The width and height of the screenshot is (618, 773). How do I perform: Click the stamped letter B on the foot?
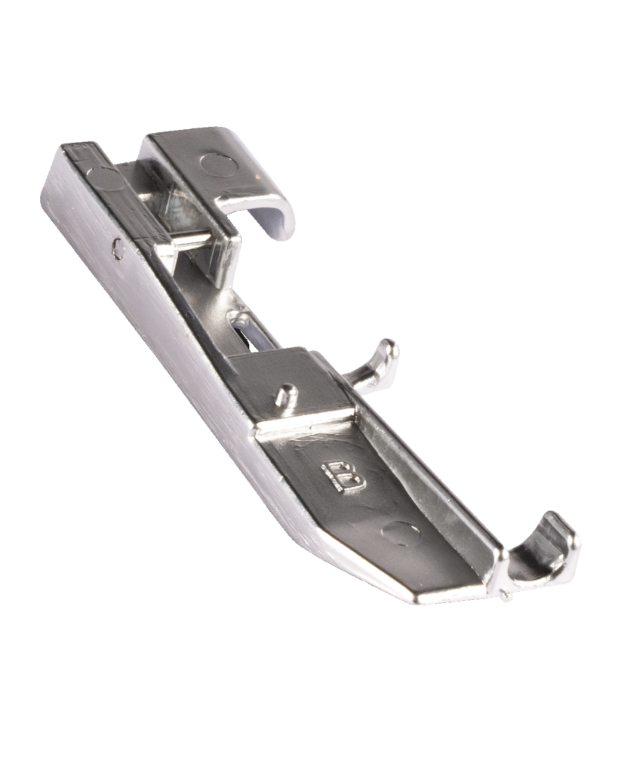tap(344, 477)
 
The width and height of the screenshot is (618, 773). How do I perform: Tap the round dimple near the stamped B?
tap(401, 534)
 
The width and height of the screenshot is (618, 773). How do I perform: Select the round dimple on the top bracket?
tap(218, 165)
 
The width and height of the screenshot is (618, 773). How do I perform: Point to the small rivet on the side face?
tap(118, 248)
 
